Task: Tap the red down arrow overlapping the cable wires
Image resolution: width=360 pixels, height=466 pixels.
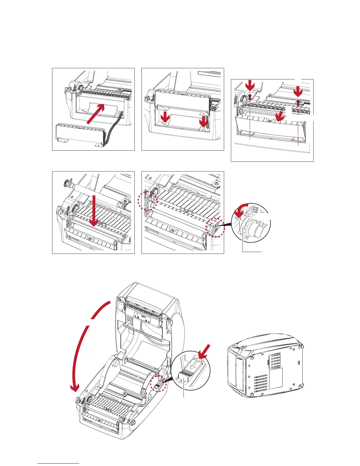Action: point(203,121)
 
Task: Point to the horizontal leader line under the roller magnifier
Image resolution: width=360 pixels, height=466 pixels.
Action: point(252,252)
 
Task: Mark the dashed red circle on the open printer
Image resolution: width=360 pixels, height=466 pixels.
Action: point(158,383)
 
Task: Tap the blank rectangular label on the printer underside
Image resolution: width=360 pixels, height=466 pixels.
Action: point(276,378)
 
